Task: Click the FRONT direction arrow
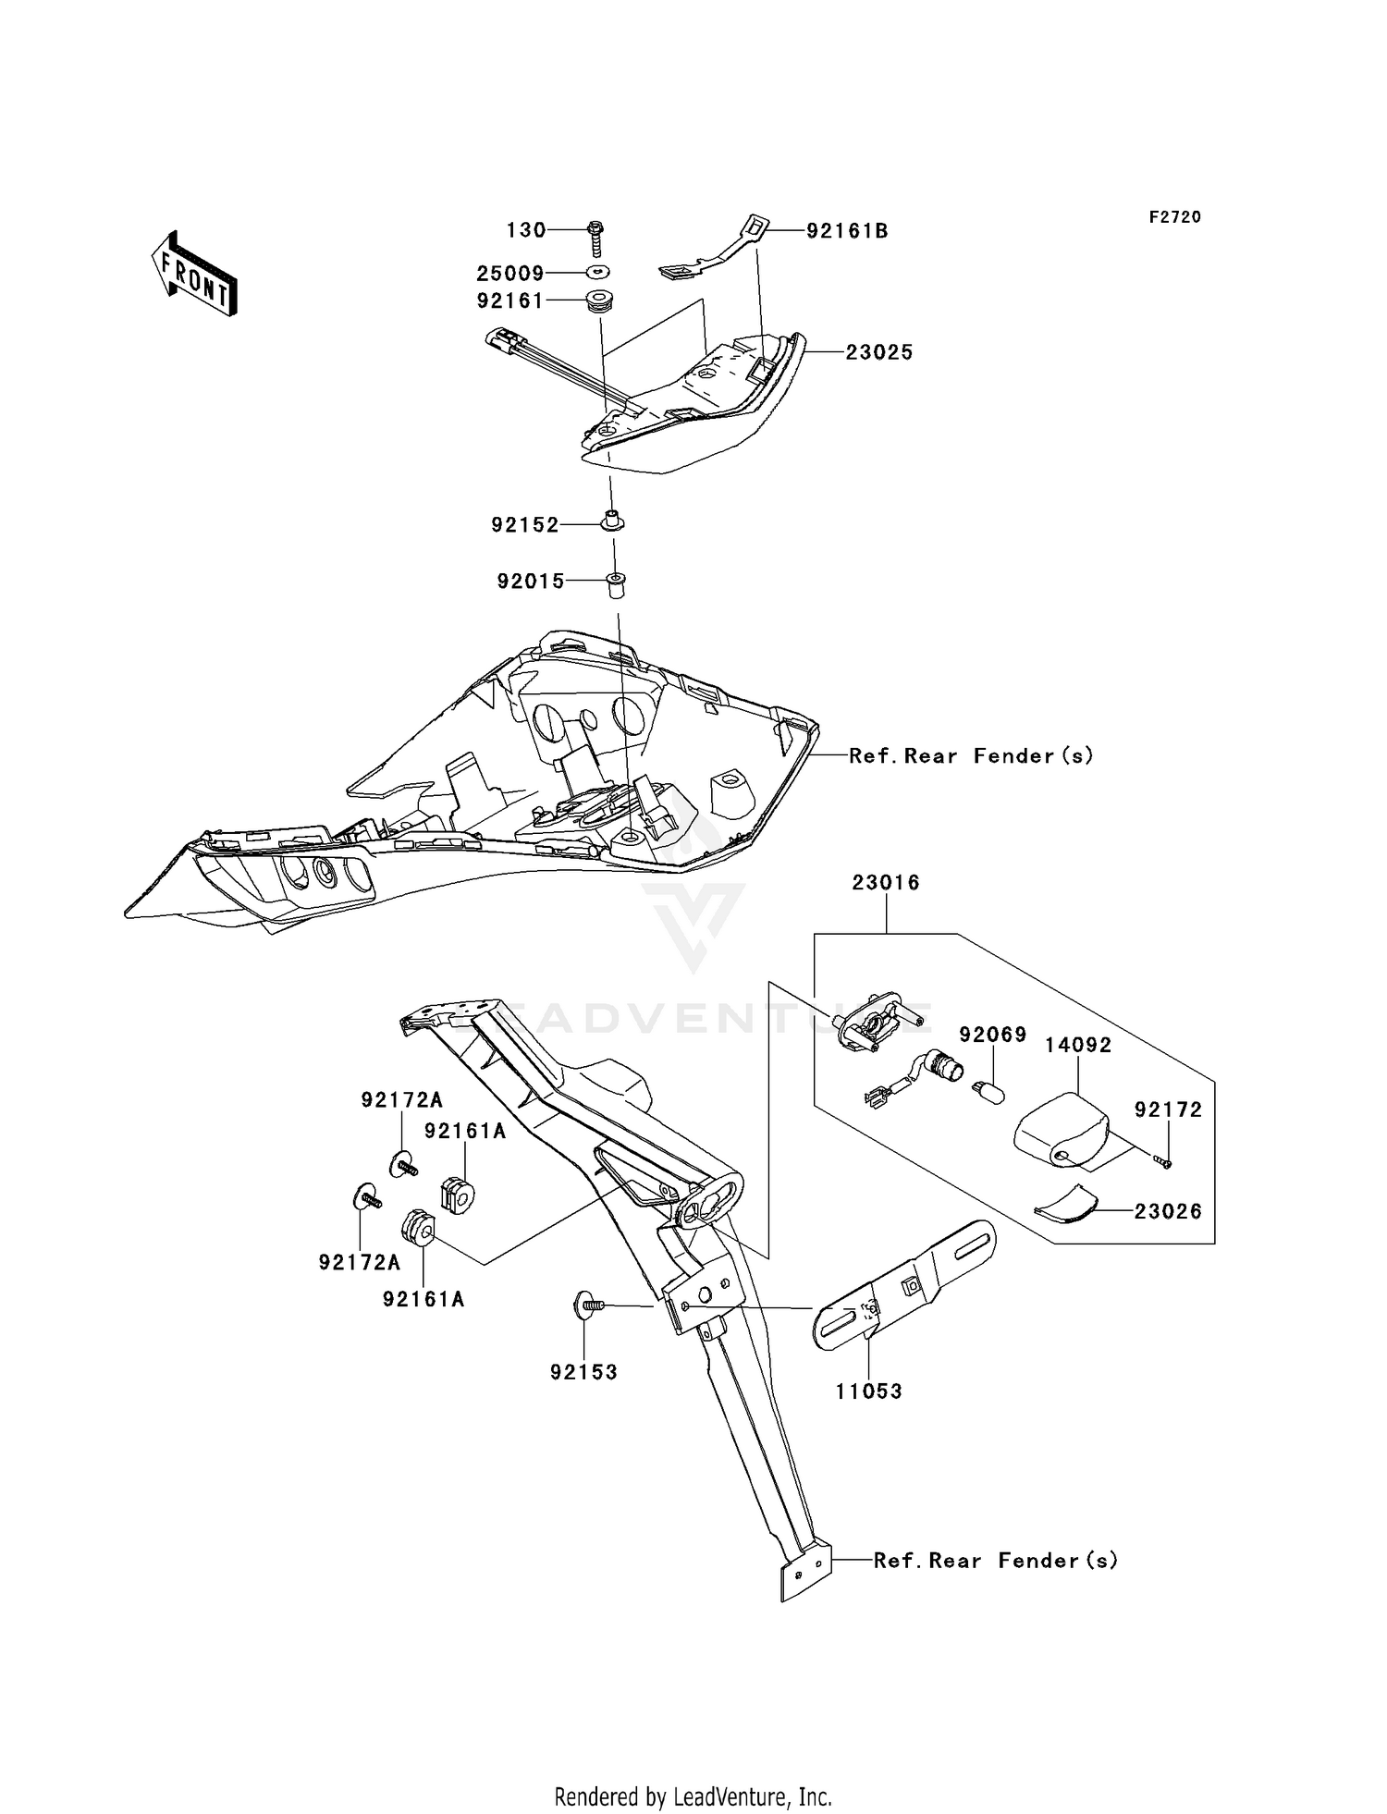[194, 275]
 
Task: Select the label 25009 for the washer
[510, 274]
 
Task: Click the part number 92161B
[847, 231]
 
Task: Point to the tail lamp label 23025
[878, 352]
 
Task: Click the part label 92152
[525, 525]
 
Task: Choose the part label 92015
[530, 582]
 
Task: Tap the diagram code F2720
[1174, 217]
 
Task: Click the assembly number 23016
[886, 883]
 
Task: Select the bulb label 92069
[992, 1035]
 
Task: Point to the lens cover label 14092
[1078, 1045]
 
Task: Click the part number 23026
[1168, 1211]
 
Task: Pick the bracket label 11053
[868, 1391]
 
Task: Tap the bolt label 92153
[583, 1372]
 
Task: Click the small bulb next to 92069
[987, 1090]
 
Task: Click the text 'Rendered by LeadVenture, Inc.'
[693, 1796]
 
